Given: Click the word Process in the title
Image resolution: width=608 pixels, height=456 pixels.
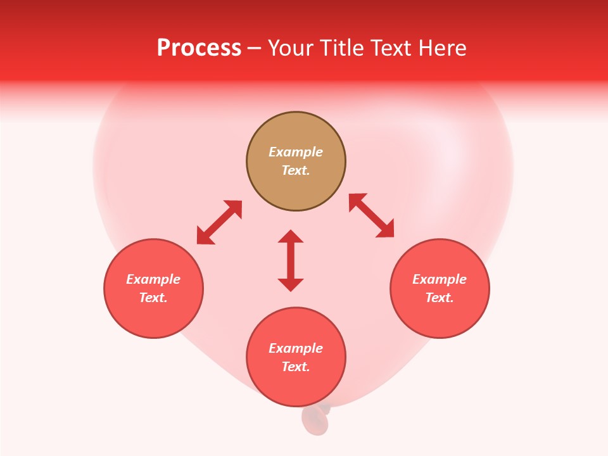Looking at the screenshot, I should pyautogui.click(x=199, y=48).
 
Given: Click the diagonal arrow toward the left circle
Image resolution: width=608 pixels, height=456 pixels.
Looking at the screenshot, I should pyautogui.click(x=219, y=222).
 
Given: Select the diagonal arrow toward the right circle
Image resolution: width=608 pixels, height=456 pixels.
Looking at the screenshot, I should pyautogui.click(x=372, y=215).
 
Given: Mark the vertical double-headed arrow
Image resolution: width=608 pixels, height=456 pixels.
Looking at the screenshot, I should pyautogui.click(x=291, y=260).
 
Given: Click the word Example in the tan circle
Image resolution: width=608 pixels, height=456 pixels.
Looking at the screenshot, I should pyautogui.click(x=296, y=152).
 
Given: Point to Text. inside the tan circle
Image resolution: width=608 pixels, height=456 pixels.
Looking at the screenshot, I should pyautogui.click(x=296, y=170).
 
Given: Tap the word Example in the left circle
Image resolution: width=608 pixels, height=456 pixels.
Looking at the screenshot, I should pyautogui.click(x=153, y=279).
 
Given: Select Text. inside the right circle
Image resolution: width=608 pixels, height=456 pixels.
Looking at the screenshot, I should pyautogui.click(x=440, y=298).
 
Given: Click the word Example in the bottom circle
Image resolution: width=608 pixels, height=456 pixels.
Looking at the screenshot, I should pyautogui.click(x=296, y=348).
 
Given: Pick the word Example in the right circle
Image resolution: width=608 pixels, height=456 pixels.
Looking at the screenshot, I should pyautogui.click(x=440, y=279).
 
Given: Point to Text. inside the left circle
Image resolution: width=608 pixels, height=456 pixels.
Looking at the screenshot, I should pyautogui.click(x=153, y=298).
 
